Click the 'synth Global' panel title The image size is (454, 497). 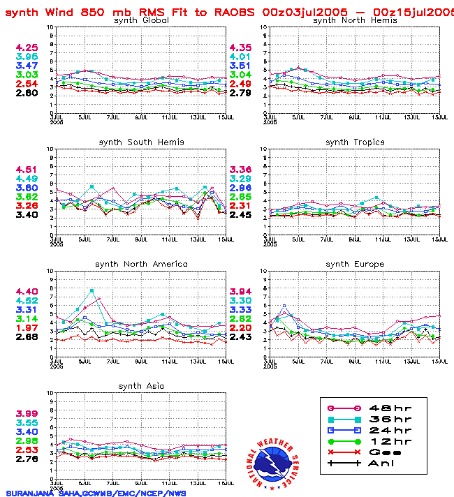pos(140,20)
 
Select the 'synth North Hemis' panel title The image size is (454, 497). pos(355,20)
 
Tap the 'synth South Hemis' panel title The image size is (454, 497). pos(141,142)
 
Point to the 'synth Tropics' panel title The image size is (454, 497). pos(355,142)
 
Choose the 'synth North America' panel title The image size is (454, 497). pos(141,264)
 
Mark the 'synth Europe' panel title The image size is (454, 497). pos(355,264)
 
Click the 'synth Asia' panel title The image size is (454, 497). pos(141,386)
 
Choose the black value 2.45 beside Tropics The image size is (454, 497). pos(242,215)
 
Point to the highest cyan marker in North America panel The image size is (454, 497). pos(91,290)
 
